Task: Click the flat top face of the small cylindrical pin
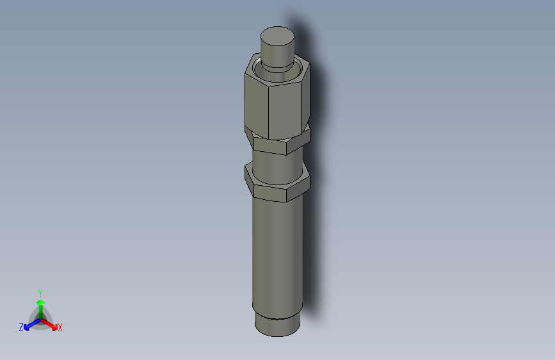[277, 35]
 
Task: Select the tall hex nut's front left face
[256, 101]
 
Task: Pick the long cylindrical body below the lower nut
[276, 256]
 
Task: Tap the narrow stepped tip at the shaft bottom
[276, 326]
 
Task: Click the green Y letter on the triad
[40, 292]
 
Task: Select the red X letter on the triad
[60, 327]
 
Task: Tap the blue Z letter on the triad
[21, 327]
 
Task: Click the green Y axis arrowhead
[40, 302]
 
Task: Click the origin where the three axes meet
[40, 318]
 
